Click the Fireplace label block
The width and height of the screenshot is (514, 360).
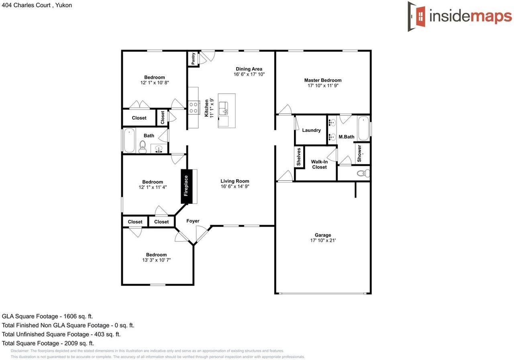pos(186,186)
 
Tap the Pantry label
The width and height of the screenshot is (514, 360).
pos(193,59)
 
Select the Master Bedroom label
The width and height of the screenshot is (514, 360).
pos(322,80)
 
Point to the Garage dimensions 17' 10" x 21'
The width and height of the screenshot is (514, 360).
pos(322,240)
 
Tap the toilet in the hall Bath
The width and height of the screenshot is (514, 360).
pos(142,147)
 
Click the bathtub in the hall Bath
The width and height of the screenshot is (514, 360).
pos(129,141)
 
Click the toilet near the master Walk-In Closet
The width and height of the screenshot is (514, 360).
pos(363,174)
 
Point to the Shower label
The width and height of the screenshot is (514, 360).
pos(359,153)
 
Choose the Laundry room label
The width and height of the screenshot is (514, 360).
pos(311,130)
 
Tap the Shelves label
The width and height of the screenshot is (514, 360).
pos(299,157)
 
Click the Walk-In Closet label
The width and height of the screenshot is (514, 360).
pos(319,164)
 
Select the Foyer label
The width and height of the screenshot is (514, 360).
pos(193,221)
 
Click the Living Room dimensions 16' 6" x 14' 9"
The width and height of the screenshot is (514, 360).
pos(235,186)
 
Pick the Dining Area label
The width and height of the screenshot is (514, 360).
pos(249,69)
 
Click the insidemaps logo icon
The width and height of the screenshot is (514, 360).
pos(417,16)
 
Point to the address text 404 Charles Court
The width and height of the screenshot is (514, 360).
pos(36,5)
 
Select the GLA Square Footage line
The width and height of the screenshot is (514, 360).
pos(47,316)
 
